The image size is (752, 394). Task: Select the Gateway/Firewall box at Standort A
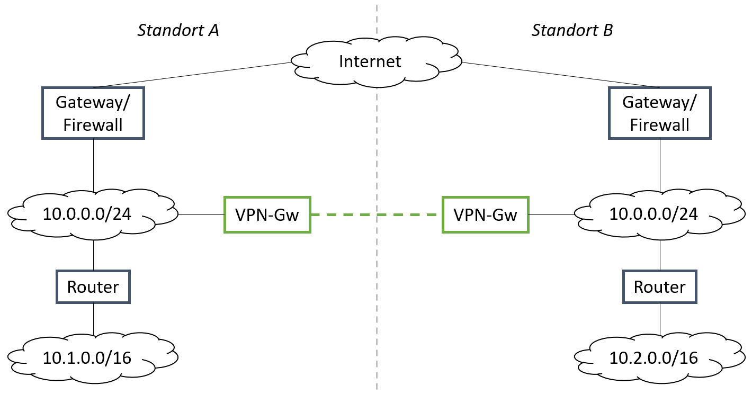[x=93, y=113]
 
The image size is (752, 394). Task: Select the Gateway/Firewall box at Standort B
[x=659, y=113]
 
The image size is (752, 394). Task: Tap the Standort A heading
[x=178, y=30]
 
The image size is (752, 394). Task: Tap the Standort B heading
[x=572, y=30]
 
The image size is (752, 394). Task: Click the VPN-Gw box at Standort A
[x=267, y=214]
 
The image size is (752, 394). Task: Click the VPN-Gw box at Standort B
[x=485, y=214]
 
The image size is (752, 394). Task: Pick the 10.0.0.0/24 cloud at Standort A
[x=93, y=214]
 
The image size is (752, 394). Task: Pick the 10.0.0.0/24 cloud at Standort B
[x=659, y=214]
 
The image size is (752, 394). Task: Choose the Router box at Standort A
[x=93, y=287]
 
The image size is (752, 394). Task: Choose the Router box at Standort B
[x=659, y=287]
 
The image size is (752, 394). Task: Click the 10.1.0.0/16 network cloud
[x=93, y=357]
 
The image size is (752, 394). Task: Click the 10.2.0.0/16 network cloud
[x=659, y=357]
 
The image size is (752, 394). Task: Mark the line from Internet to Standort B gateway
[x=561, y=75]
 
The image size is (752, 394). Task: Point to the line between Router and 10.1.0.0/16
[x=93, y=319]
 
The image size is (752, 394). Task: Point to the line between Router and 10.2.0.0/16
[x=660, y=319]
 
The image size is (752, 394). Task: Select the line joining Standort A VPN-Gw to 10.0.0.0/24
[x=201, y=214]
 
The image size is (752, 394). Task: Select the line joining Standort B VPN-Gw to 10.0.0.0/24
[x=552, y=214]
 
